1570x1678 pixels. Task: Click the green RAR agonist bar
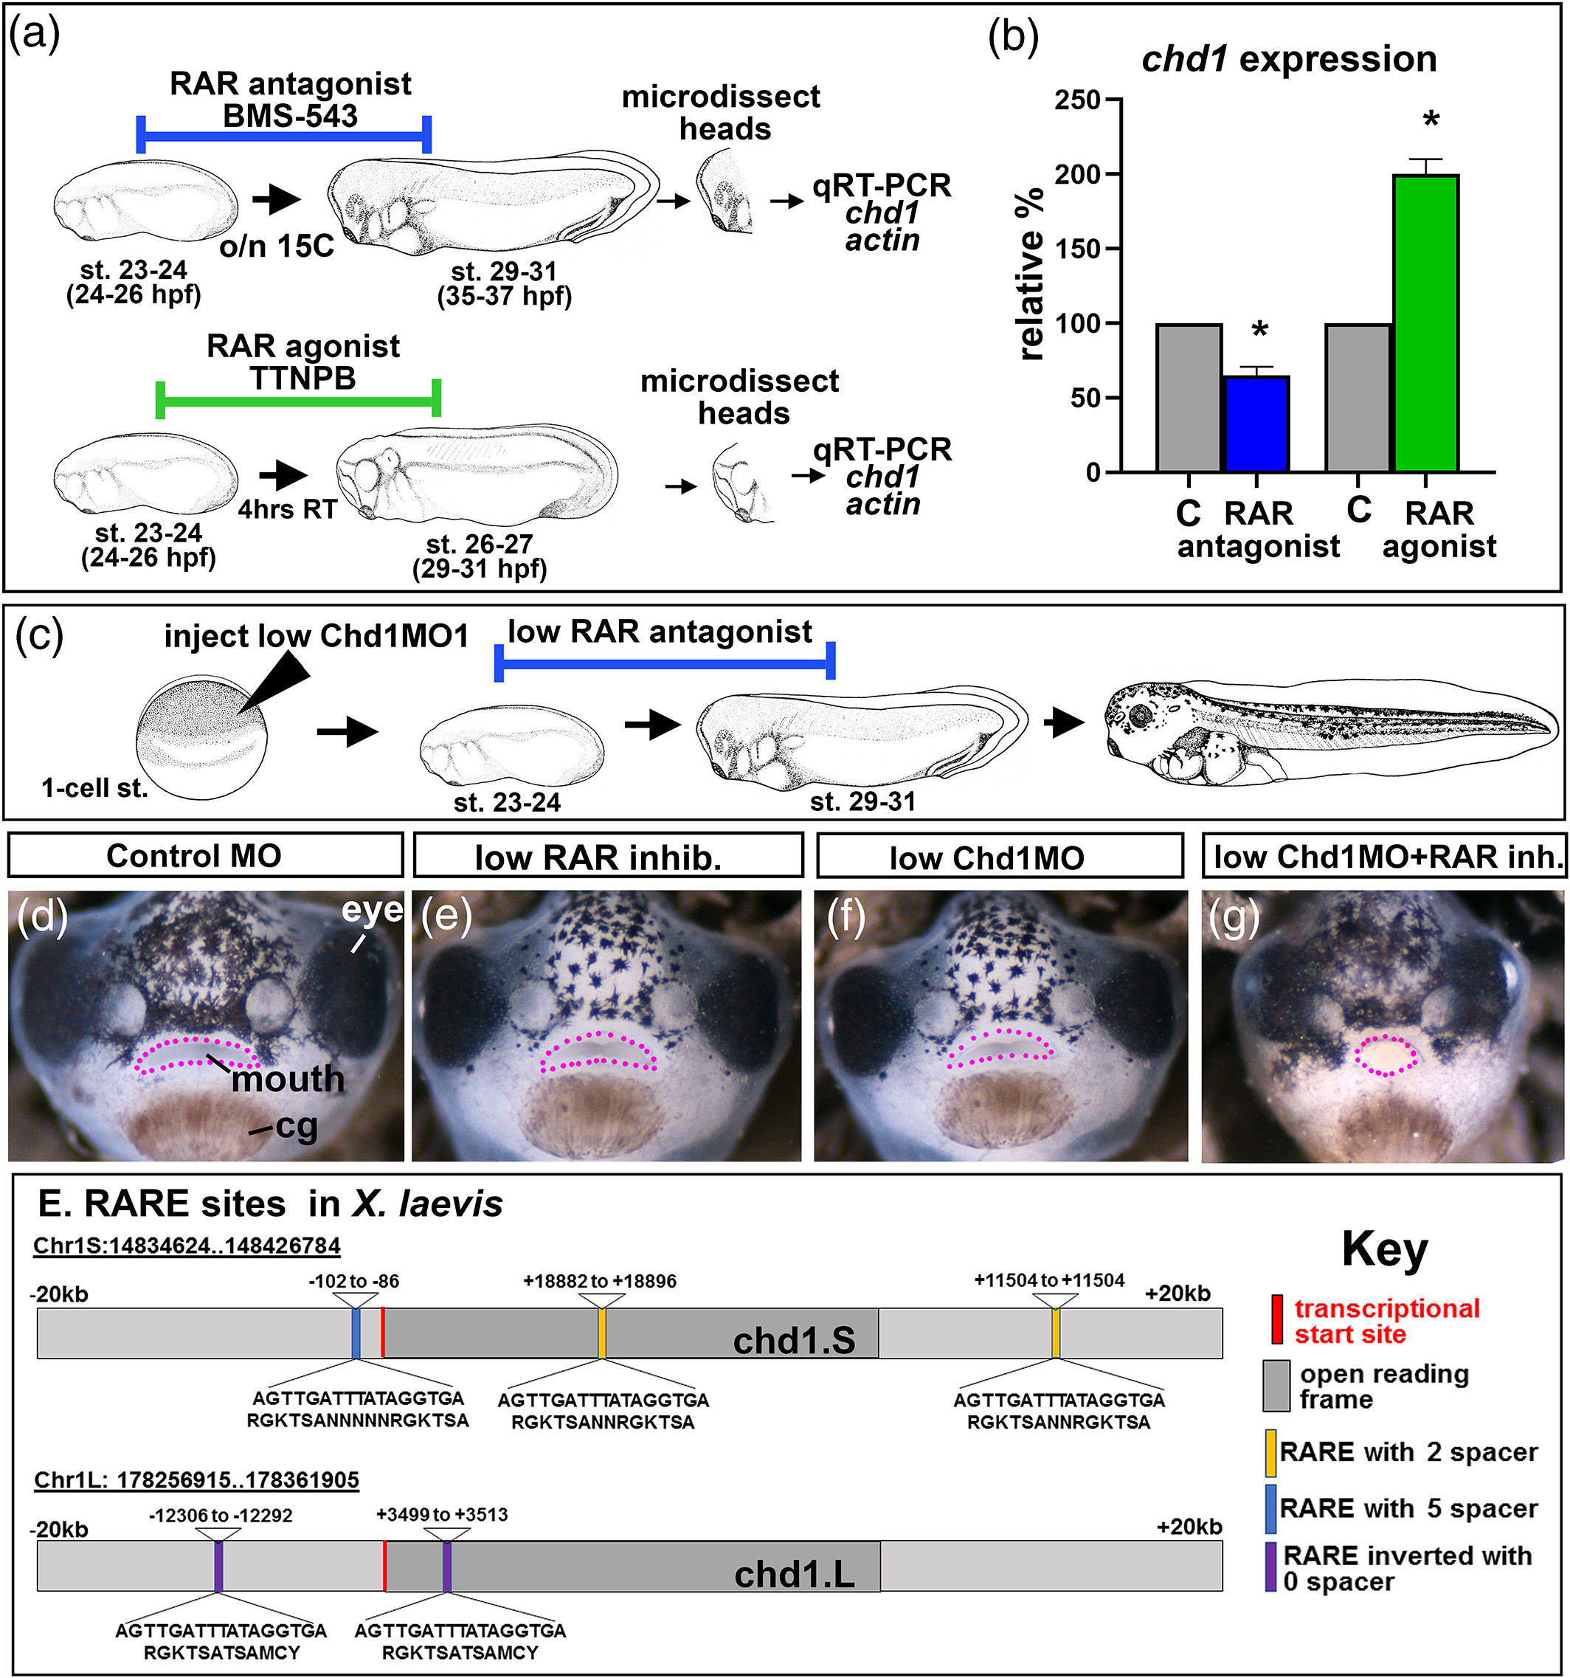1427,322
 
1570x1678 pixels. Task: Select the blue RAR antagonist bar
1257,424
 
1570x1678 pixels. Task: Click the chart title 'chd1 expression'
1289,59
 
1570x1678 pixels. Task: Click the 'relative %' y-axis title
1031,275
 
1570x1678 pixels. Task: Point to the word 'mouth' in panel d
288,1079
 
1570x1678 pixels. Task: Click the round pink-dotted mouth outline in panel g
1386,1055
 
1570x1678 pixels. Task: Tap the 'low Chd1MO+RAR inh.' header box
1384,857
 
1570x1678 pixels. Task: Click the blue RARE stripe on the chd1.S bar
356,1333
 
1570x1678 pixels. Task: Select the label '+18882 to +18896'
599,1280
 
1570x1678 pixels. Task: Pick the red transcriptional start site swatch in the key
1277,1319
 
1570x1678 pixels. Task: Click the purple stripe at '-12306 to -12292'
218,1567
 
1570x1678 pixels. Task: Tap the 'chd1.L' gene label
793,1574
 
